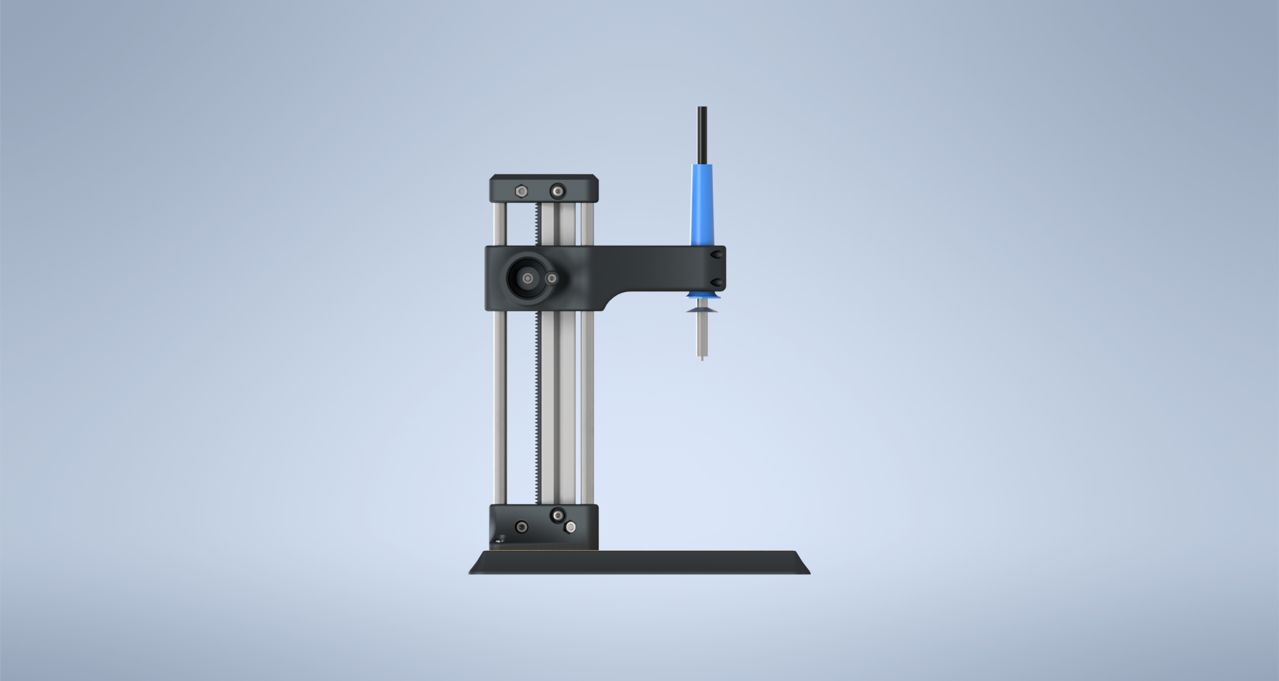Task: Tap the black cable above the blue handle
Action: [x=702, y=135]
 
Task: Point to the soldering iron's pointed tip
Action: [x=702, y=357]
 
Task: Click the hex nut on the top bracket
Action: [x=522, y=192]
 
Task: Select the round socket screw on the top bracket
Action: [x=558, y=192]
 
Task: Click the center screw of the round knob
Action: [x=527, y=278]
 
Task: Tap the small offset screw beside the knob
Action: [x=552, y=278]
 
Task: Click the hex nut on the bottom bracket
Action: [x=570, y=527]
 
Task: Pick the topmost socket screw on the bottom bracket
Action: [x=558, y=515]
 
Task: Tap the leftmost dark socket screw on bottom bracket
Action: [x=522, y=527]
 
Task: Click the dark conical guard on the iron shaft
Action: [x=702, y=309]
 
